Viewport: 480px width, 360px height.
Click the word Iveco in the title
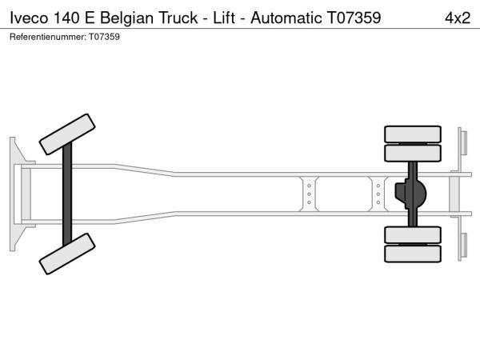(29, 18)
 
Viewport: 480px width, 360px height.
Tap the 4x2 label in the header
(458, 18)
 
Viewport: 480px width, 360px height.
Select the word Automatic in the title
(286, 18)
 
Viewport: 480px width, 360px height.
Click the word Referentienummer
(48, 37)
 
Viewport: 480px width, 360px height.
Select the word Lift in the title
(224, 18)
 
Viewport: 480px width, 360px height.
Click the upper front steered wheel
(67, 134)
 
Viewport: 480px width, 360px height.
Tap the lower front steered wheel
(67, 254)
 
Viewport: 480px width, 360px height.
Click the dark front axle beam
(67, 194)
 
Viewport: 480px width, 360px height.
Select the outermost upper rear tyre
(413, 134)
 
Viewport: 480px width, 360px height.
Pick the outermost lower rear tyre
(413, 254)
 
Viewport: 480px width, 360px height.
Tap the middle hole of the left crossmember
(309, 194)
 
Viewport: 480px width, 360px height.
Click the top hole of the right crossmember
(378, 186)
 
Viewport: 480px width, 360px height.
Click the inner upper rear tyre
(413, 153)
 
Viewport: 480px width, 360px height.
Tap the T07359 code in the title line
(354, 18)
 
